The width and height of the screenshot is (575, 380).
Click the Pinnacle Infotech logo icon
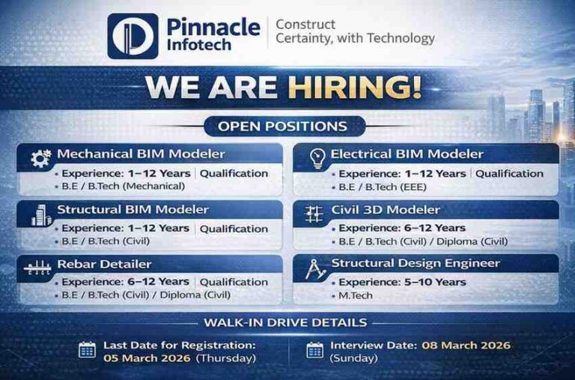point(133,36)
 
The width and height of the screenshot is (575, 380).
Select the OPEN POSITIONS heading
point(282,126)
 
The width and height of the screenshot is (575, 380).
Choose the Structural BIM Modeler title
point(133,209)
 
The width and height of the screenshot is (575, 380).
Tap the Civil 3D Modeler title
point(386,209)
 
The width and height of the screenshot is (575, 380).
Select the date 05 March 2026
point(146,358)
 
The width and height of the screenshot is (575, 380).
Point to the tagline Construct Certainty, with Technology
point(354,31)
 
